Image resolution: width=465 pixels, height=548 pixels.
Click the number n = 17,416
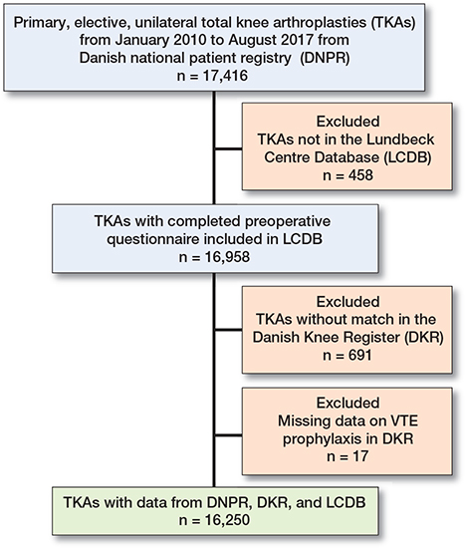212,76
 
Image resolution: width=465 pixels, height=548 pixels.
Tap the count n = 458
348,175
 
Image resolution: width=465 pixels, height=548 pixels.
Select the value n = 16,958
214,257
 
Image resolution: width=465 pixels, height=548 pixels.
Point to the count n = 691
347,356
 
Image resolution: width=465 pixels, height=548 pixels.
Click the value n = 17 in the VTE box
348,456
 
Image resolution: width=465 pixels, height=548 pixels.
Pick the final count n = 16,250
214,520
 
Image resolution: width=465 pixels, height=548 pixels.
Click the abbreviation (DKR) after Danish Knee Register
424,338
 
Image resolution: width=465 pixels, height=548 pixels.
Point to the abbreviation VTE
403,420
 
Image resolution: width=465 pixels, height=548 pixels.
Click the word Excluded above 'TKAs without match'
348,302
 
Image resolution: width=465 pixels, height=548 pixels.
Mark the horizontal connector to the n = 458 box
228,149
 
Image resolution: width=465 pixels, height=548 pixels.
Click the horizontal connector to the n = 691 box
228,330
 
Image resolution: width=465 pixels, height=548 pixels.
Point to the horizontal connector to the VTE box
228,435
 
